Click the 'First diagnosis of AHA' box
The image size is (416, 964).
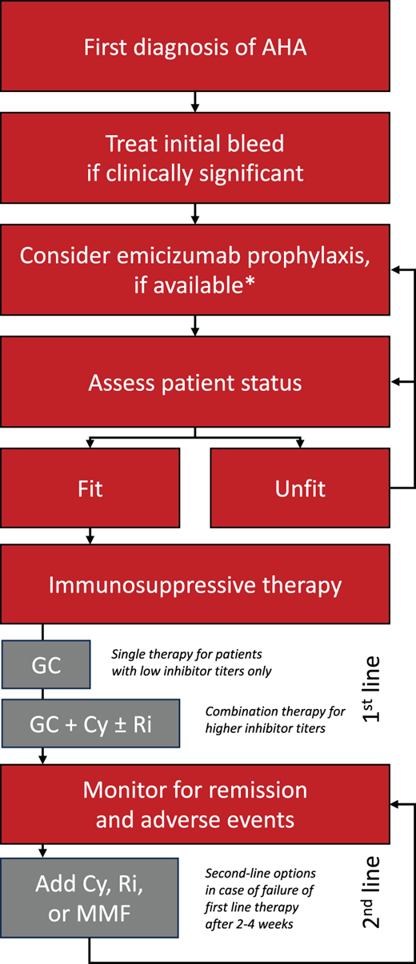tap(195, 46)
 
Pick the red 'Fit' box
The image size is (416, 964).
tap(90, 488)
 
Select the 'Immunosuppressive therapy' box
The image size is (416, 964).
tap(195, 585)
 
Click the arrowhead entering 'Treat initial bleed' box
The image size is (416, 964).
tap(195, 109)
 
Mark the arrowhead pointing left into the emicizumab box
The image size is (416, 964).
tap(394, 271)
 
